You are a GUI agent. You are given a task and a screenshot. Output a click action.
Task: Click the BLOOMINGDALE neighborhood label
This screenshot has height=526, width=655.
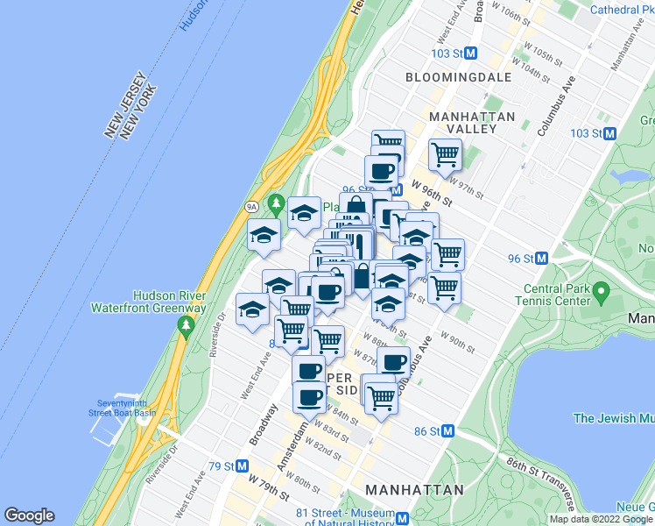457,77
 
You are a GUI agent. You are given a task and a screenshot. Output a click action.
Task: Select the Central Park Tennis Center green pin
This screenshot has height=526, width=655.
601,290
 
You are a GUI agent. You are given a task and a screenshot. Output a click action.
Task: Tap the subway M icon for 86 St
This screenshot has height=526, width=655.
448,430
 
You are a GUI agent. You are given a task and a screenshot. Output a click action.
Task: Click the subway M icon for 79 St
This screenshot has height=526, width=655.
242,466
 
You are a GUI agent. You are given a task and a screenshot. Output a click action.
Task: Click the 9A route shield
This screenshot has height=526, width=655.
251,207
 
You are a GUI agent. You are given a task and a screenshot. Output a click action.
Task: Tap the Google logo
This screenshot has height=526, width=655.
29,515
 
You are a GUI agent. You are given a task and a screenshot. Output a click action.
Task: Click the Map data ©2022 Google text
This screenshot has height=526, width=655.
601,519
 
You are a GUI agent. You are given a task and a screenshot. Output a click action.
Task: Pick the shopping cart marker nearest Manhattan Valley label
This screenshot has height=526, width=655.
445,155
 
